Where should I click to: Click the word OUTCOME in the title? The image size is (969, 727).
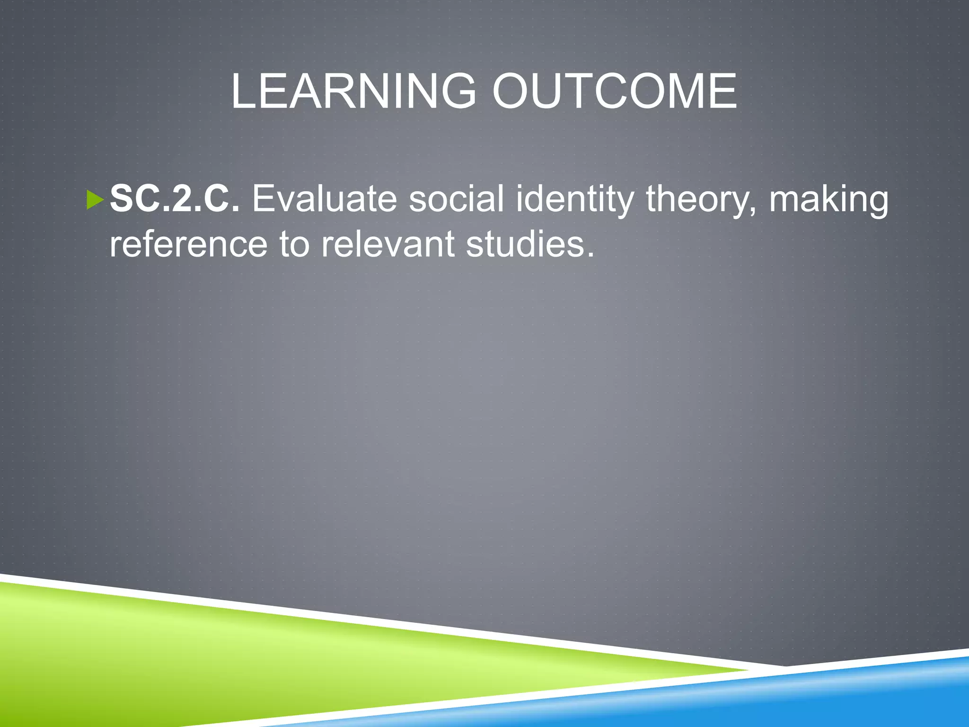pyautogui.click(x=614, y=91)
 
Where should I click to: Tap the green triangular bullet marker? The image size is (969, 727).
pyautogui.click(x=95, y=200)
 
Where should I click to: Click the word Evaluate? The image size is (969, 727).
pyautogui.click(x=324, y=199)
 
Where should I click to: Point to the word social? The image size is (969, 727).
pyautogui.click(x=456, y=199)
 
